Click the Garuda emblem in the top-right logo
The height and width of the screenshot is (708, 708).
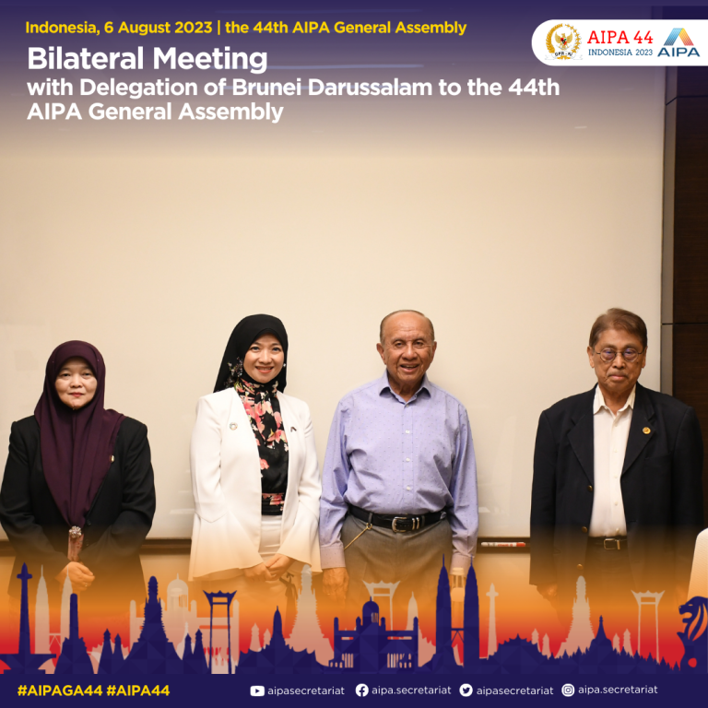(x=563, y=42)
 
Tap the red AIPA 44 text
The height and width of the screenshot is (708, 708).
(x=619, y=37)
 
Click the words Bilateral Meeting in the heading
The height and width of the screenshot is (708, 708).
(x=147, y=59)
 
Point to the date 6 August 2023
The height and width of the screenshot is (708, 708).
(x=158, y=28)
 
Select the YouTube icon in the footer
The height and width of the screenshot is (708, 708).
(x=257, y=690)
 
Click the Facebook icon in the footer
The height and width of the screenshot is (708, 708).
(x=361, y=690)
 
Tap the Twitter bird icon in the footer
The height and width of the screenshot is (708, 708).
(x=466, y=690)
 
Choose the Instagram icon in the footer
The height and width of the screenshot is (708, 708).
(x=568, y=690)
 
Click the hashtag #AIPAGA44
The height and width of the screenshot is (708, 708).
(x=60, y=690)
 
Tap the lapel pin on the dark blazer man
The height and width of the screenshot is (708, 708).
(x=646, y=431)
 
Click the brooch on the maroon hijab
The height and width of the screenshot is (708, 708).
(x=75, y=533)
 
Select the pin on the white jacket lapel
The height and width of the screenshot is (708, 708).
(x=233, y=426)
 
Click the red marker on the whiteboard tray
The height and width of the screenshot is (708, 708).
(x=503, y=544)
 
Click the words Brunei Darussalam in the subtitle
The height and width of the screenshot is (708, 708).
(x=332, y=88)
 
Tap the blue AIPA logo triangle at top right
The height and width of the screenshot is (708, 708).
(x=678, y=37)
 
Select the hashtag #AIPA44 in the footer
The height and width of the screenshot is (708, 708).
(x=138, y=690)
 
